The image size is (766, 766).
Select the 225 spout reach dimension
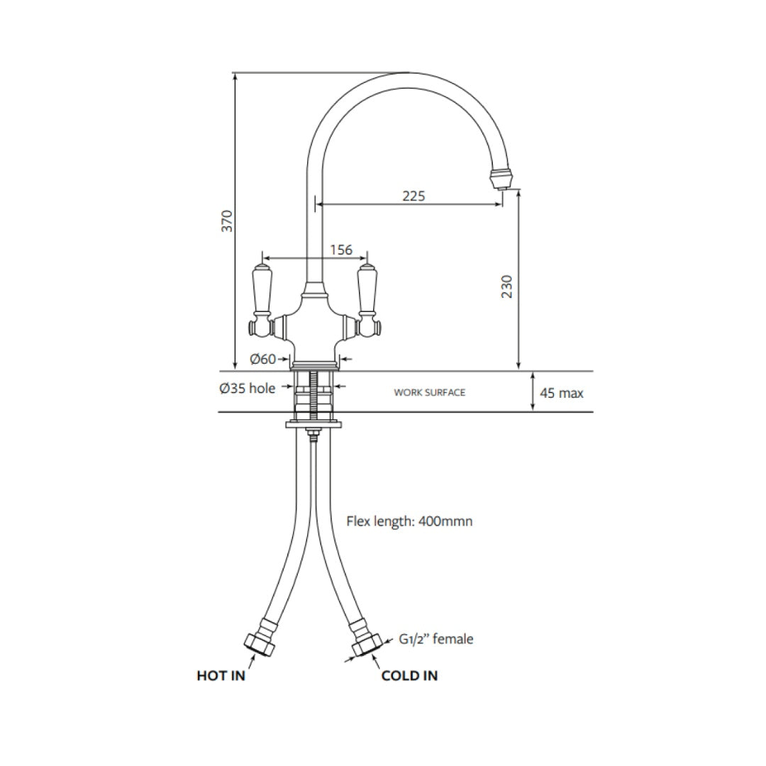[413, 196]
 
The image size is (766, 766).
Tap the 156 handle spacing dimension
[341, 250]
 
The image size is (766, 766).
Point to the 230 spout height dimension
[506, 286]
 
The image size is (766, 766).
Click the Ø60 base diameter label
[262, 360]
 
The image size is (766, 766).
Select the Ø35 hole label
[248, 388]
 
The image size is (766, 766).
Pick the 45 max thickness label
[562, 393]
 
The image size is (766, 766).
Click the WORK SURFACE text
[430, 392]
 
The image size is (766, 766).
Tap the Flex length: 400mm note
[409, 521]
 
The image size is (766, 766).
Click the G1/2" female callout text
[435, 639]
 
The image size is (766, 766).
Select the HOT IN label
[221, 676]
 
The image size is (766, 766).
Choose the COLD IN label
[409, 676]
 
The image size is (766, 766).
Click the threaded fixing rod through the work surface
[312, 397]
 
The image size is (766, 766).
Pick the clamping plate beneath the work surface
[313, 425]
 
